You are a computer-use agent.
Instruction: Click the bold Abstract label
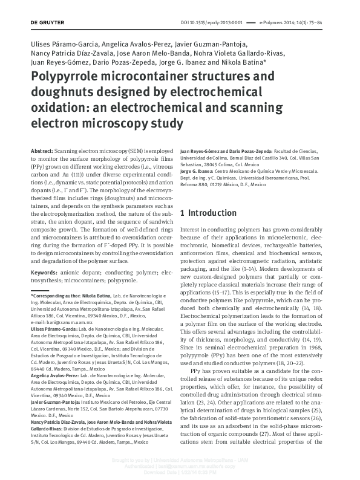click(41, 149)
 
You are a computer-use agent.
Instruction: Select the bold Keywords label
click(44, 273)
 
